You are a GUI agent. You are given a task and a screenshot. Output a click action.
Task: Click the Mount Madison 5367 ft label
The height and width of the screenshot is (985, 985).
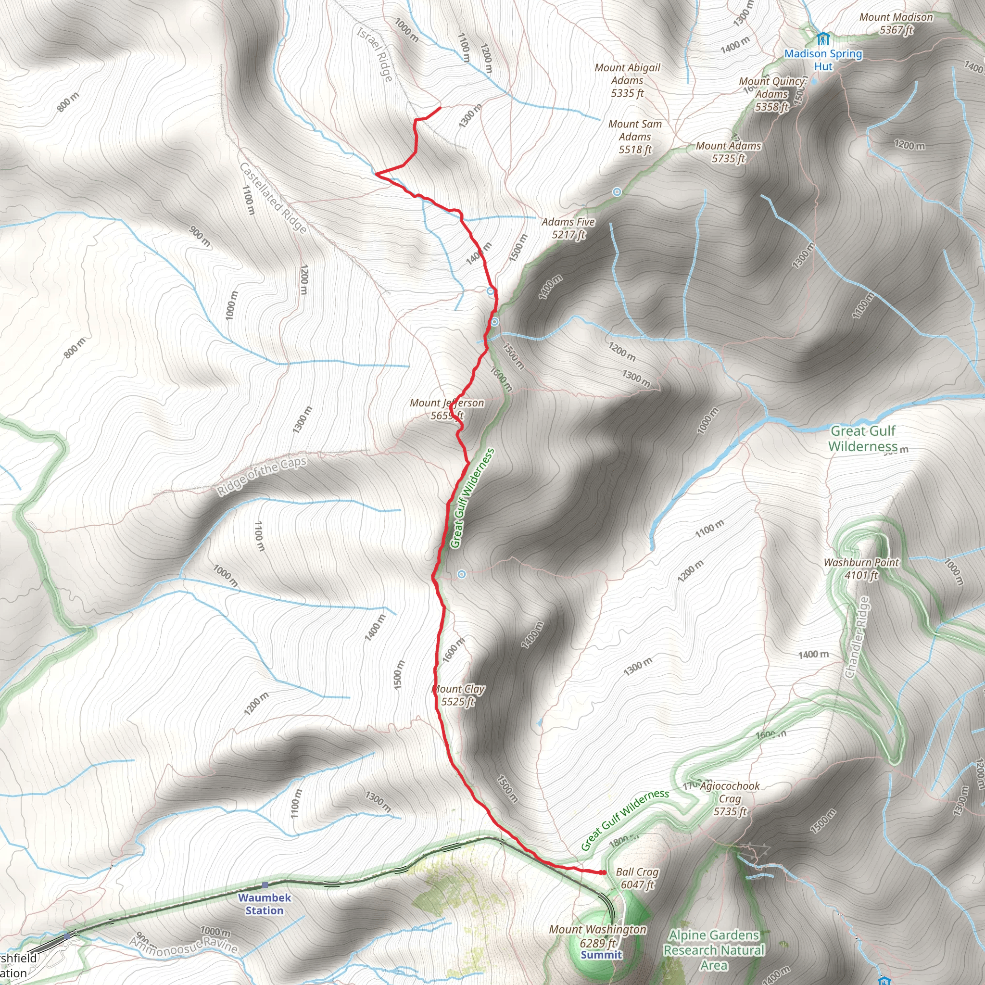[x=896, y=24]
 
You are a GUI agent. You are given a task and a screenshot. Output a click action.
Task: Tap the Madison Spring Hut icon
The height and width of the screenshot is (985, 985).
[x=822, y=39]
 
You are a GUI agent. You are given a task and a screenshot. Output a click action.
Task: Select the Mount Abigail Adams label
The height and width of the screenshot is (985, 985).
[x=627, y=80]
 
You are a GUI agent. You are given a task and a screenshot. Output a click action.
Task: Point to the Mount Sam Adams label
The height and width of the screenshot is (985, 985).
[x=635, y=137]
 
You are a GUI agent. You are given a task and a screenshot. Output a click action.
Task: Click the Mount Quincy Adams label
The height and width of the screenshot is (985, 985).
[x=772, y=94]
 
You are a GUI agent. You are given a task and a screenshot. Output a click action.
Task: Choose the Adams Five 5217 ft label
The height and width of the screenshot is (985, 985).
[x=568, y=228]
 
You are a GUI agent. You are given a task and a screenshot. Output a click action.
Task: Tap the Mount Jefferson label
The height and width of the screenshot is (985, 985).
[x=447, y=409]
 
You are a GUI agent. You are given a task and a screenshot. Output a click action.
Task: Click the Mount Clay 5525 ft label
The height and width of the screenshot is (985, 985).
[x=458, y=695]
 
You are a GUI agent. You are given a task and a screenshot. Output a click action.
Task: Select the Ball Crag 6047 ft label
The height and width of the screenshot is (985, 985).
[x=637, y=878]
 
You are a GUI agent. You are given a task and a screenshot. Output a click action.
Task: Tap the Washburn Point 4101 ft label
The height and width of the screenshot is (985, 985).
[x=861, y=568]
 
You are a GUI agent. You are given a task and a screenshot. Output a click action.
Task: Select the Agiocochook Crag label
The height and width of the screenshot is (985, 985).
[x=730, y=799]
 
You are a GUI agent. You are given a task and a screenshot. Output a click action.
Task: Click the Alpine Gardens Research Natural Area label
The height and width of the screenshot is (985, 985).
[x=713, y=950]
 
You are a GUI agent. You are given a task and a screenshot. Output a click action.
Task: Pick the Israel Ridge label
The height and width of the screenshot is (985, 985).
[x=375, y=54]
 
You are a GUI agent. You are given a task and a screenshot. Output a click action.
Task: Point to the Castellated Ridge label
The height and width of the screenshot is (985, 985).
[x=273, y=198]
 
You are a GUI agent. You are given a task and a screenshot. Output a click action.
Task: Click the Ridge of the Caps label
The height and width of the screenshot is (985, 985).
[x=262, y=476]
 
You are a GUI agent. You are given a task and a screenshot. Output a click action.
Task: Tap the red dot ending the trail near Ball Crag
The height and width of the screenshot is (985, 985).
[x=603, y=872]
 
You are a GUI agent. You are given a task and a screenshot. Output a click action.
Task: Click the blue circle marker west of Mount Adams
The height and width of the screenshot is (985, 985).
[x=617, y=192]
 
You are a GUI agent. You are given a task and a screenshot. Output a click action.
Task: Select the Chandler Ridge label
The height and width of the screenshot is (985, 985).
[x=857, y=637]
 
